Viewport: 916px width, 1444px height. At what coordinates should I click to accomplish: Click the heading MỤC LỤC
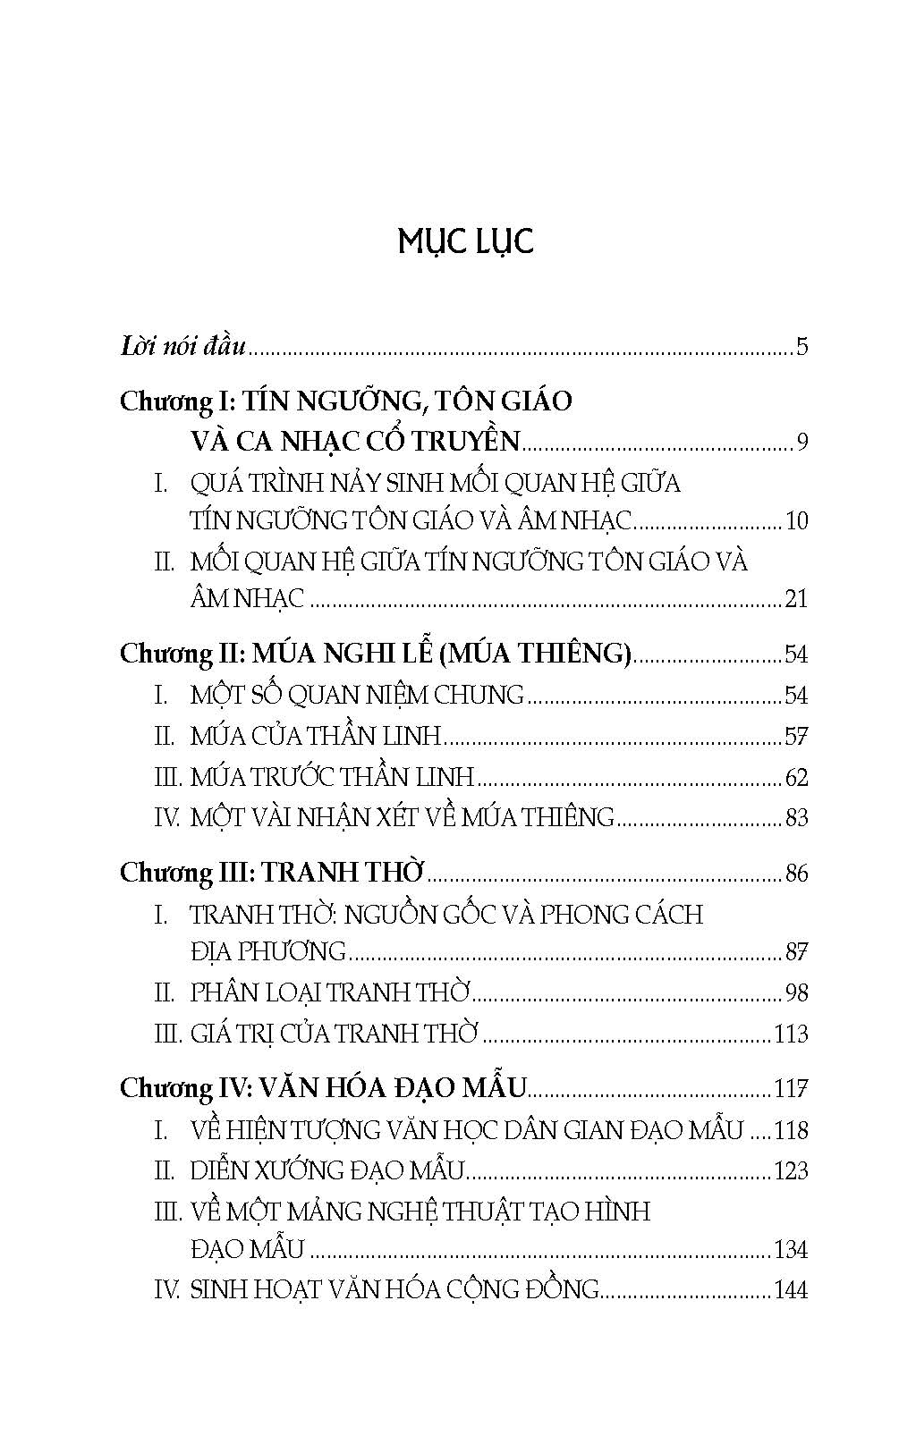pyautogui.click(x=465, y=242)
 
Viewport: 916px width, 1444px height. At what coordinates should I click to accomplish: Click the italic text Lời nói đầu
pyautogui.click(x=182, y=346)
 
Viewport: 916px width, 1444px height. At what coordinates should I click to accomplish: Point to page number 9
pyautogui.click(x=801, y=442)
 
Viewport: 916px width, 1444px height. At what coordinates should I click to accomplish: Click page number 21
pyautogui.click(x=796, y=599)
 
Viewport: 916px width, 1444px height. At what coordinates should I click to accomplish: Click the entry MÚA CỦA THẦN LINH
pyautogui.click(x=316, y=736)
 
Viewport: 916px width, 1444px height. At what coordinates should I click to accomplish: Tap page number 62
pyautogui.click(x=796, y=777)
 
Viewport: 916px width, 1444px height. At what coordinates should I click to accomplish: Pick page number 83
pyautogui.click(x=796, y=817)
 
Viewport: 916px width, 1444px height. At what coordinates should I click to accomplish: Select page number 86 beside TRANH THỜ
pyautogui.click(x=796, y=873)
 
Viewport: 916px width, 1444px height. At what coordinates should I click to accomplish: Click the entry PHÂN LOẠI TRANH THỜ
pyautogui.click(x=330, y=992)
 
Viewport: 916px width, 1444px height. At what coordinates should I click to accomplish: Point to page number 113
pyautogui.click(x=791, y=1034)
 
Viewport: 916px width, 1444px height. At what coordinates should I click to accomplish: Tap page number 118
pyautogui.click(x=791, y=1130)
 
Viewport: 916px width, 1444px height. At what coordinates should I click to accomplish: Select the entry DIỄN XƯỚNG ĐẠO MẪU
pyautogui.click(x=327, y=1170)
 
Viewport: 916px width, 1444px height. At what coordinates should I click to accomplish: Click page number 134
pyautogui.click(x=791, y=1249)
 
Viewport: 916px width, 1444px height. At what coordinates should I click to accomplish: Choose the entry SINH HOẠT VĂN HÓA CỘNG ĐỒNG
pyautogui.click(x=394, y=1289)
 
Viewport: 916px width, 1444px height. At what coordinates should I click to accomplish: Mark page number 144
pyautogui.click(x=791, y=1290)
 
